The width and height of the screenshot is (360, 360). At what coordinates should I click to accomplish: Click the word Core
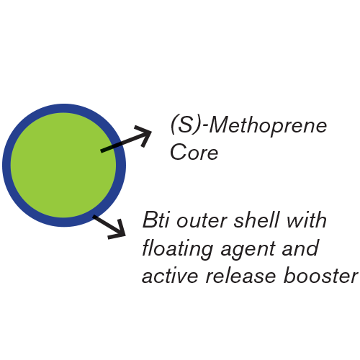tap(194, 152)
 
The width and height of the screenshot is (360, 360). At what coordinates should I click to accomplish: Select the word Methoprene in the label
tap(268, 125)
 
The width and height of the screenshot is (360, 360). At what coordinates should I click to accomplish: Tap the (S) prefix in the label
tap(185, 125)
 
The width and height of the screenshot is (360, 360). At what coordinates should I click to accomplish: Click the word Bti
tap(156, 220)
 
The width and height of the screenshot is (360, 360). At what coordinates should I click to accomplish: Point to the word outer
tap(202, 221)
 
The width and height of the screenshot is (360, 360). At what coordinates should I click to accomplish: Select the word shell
tap(256, 220)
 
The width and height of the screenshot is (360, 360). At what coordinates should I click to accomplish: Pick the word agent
tap(248, 251)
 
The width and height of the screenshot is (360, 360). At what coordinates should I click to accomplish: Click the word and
tap(300, 247)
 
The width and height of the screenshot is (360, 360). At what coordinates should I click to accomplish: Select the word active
tap(170, 275)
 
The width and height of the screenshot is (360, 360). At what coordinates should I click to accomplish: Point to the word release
tap(241, 275)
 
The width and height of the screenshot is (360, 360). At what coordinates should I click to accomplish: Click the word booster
tap(320, 275)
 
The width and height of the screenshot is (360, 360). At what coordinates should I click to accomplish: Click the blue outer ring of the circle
tap(6, 165)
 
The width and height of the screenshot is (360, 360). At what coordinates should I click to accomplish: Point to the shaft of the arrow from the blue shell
tap(107, 225)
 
